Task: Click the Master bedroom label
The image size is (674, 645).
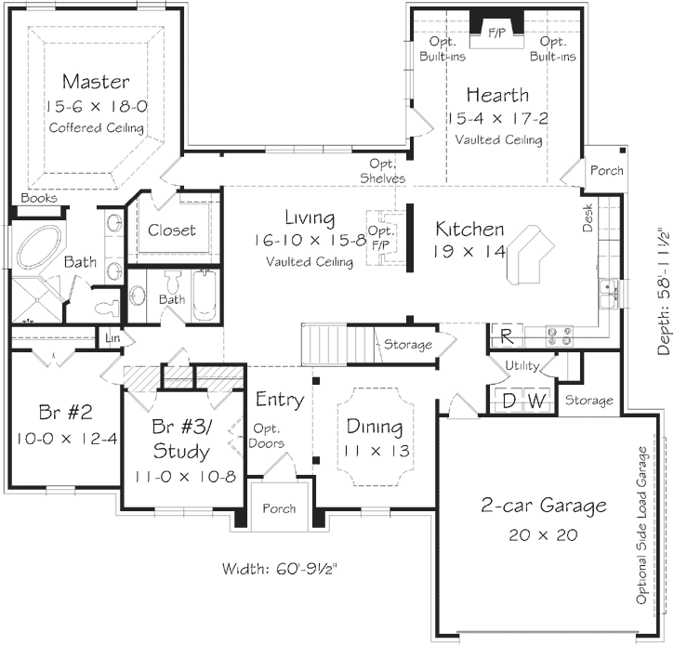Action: click(x=96, y=82)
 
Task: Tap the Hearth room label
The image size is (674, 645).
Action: click(x=497, y=95)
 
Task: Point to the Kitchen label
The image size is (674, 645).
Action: click(x=470, y=229)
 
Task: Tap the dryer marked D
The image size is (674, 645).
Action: click(x=509, y=401)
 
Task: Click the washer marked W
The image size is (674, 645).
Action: click(x=536, y=401)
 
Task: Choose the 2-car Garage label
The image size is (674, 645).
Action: click(x=544, y=507)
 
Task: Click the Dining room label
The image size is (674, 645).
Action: click(x=375, y=428)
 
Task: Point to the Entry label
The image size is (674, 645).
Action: click(x=280, y=401)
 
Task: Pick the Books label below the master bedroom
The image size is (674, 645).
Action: click(x=39, y=198)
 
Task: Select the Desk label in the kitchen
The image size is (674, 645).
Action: click(x=588, y=219)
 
